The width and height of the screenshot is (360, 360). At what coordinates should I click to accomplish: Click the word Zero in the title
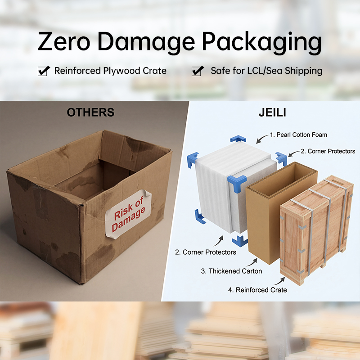64,41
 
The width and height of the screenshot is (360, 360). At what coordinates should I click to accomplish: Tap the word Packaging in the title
262,43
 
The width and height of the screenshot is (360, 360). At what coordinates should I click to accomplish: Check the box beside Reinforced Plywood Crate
44,71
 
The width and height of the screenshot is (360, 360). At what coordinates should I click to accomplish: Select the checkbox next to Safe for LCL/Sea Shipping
198,71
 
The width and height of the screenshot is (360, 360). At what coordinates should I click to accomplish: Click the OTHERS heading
90,112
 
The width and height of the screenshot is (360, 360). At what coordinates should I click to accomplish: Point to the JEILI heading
272,112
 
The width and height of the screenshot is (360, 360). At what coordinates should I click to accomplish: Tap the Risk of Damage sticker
128,214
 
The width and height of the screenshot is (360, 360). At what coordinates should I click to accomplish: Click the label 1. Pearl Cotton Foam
298,135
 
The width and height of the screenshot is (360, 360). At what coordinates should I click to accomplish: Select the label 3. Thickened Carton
231,271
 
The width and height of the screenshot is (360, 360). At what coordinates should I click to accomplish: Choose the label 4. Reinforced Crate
257,290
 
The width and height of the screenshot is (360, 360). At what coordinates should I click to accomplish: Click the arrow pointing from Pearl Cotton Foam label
262,139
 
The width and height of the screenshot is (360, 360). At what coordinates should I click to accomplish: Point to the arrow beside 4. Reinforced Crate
279,282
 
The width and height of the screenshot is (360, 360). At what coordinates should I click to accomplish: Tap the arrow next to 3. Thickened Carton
252,263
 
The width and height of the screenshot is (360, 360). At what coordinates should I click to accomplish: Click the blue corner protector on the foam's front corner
237,183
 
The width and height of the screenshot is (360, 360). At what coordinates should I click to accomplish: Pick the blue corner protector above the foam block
238,139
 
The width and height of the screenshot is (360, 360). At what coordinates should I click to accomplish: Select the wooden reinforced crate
316,229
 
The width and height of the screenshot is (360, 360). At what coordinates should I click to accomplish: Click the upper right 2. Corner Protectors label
328,151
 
